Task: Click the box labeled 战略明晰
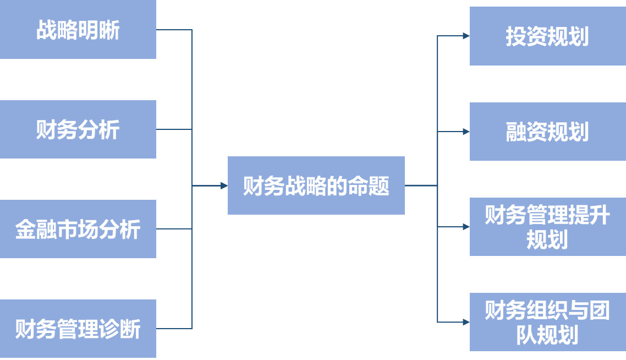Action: click(78, 30)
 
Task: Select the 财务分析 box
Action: click(78, 129)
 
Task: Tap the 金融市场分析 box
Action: click(78, 229)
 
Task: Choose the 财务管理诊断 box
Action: click(78, 329)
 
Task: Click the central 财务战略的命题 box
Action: click(316, 186)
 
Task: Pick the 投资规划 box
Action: click(547, 36)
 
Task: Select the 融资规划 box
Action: click(547, 132)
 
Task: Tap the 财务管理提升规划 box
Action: click(547, 227)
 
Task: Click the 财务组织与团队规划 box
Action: click(547, 322)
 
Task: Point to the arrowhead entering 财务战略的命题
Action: click(224, 186)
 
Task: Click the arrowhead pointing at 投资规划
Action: click(466, 36)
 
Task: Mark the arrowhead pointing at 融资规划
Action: click(466, 132)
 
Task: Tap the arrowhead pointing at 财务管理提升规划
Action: click(466, 226)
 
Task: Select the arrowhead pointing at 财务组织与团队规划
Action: click(466, 321)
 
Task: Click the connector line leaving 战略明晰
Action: click(174, 30)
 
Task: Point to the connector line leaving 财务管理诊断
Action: click(174, 329)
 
